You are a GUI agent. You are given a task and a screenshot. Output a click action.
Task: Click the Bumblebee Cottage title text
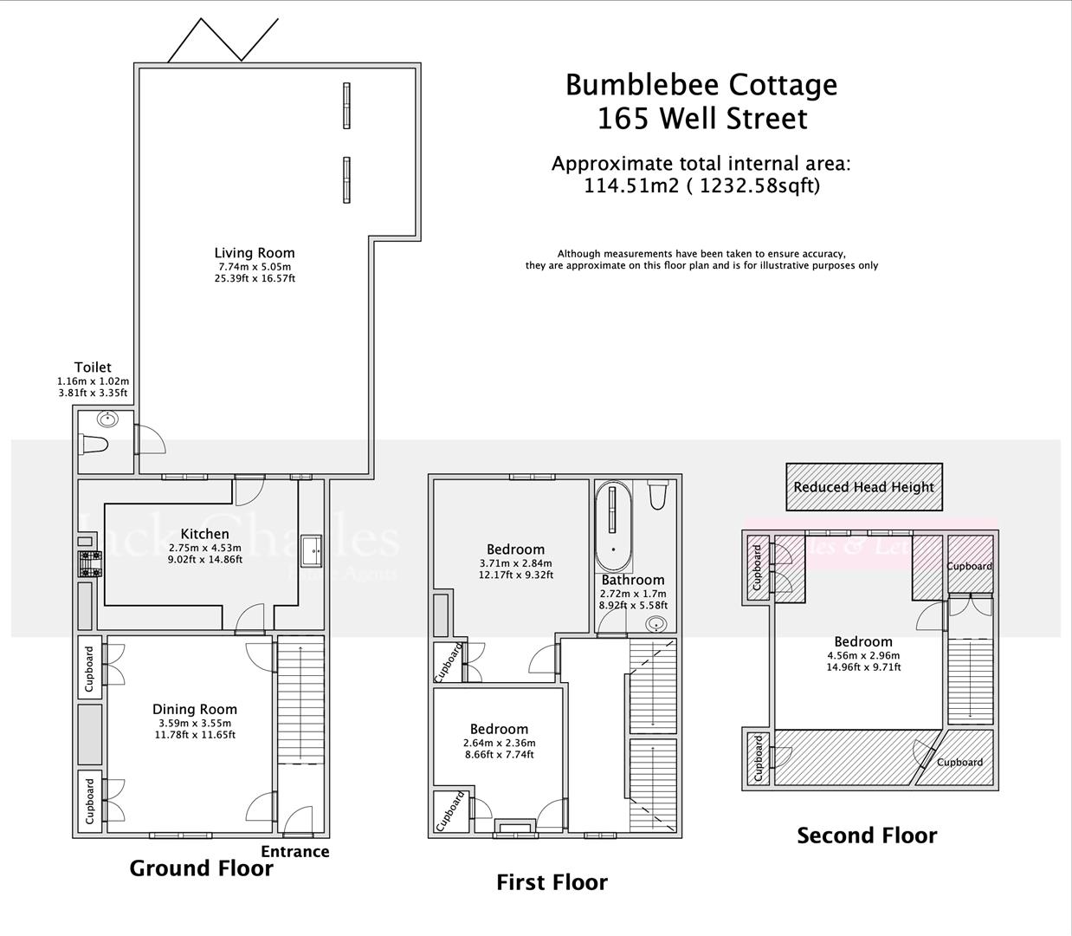pyautogui.click(x=701, y=85)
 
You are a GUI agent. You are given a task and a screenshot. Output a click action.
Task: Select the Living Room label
pyautogui.click(x=255, y=253)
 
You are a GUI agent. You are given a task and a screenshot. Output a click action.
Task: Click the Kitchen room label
pyautogui.click(x=205, y=534)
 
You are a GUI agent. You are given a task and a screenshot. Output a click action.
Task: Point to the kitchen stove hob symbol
pyautogui.click(x=90, y=563)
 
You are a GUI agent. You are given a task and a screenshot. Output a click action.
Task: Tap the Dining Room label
pyautogui.click(x=195, y=709)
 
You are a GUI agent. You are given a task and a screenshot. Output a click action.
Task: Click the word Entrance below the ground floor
pyautogui.click(x=295, y=851)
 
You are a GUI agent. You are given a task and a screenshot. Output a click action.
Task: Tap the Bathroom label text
pyautogui.click(x=633, y=580)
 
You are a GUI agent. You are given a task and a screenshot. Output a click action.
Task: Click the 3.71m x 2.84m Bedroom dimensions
pyautogui.click(x=515, y=562)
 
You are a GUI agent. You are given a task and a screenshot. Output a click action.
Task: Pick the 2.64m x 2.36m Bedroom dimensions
pyautogui.click(x=499, y=743)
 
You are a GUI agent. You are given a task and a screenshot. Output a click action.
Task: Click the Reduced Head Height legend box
pyautogui.click(x=863, y=487)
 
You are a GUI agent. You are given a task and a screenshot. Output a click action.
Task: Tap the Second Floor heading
pyautogui.click(x=867, y=835)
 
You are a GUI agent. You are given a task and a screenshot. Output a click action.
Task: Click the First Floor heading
pyautogui.click(x=552, y=882)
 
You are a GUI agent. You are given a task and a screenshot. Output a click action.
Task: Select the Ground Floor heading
pyautogui.click(x=201, y=868)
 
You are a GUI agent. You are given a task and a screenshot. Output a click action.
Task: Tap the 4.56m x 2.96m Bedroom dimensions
pyautogui.click(x=863, y=656)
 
